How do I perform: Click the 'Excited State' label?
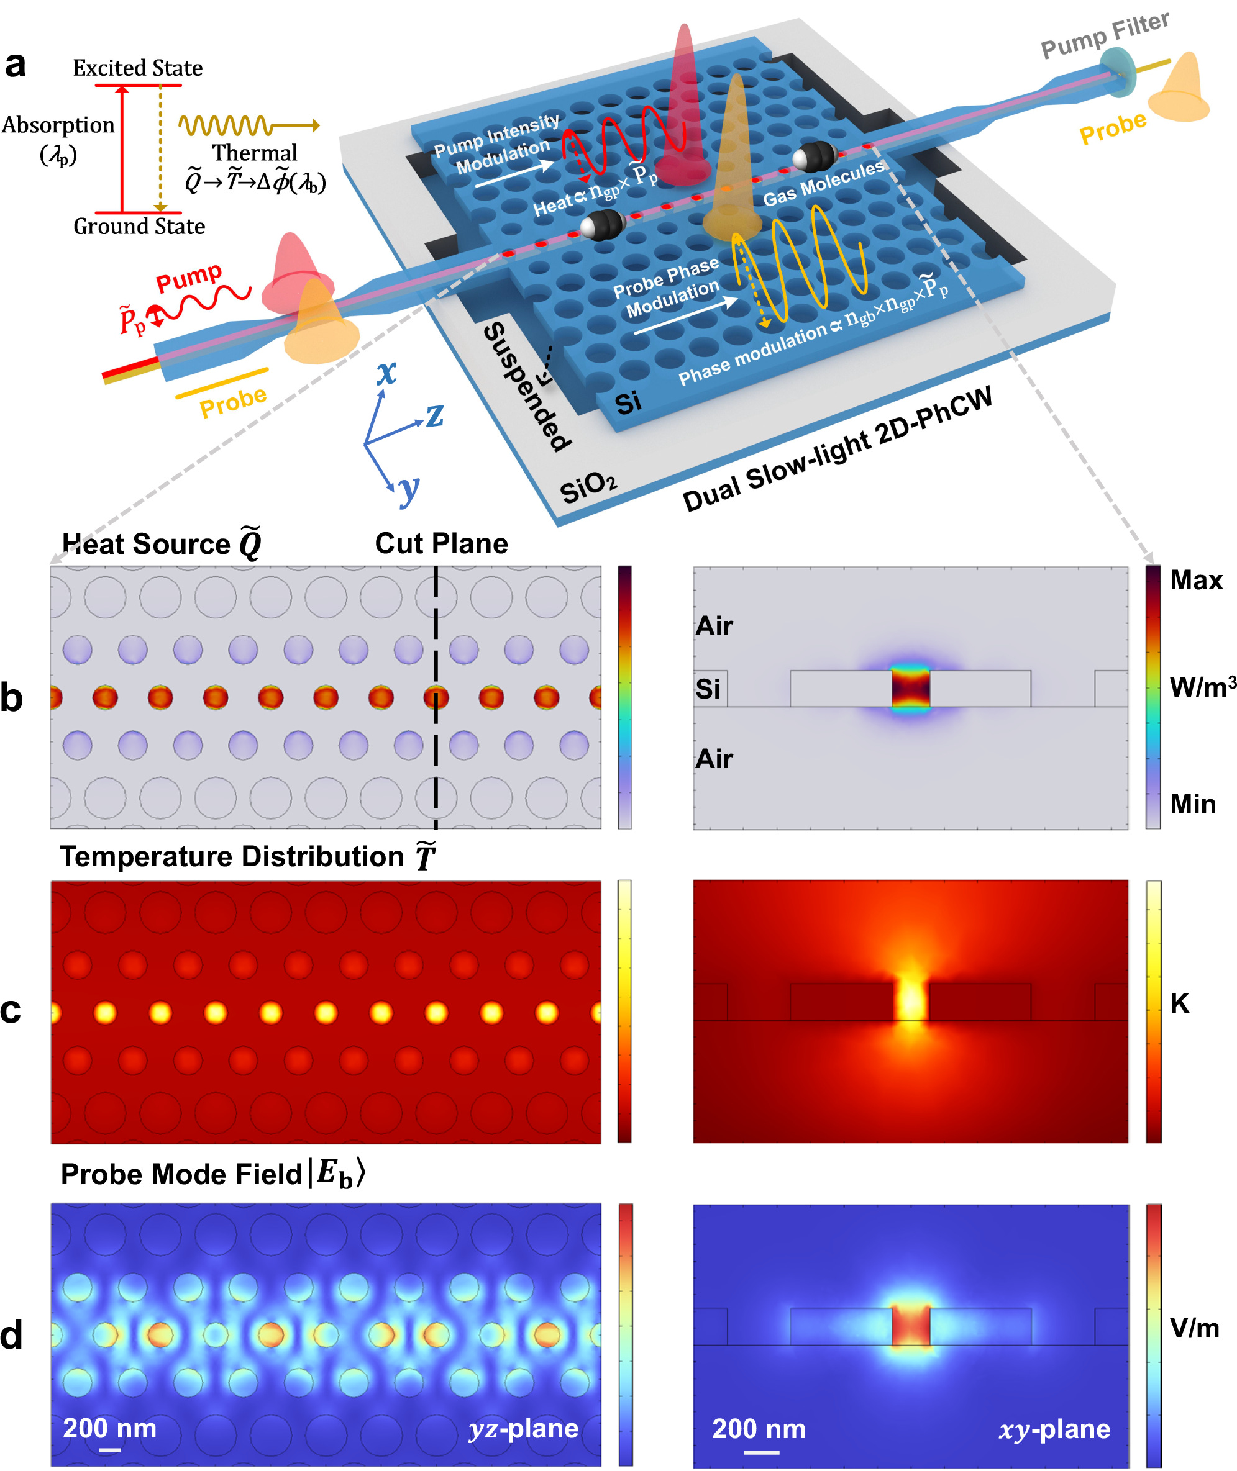click(137, 68)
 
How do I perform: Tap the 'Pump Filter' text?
click(1105, 34)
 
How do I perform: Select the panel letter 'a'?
click(16, 65)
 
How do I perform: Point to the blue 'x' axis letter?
click(386, 372)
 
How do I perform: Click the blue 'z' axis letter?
click(435, 415)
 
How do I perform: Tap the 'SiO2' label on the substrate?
click(588, 487)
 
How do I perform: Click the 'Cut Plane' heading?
click(441, 544)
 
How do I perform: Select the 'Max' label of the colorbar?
click(1195, 581)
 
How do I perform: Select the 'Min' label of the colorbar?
click(1192, 804)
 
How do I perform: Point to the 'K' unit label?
click(1179, 1003)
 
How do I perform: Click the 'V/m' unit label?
click(1194, 1328)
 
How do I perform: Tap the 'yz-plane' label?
click(524, 1428)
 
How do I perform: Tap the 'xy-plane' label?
click(1054, 1429)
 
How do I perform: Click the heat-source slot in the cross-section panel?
click(910, 688)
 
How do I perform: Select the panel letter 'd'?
click(12, 1335)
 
